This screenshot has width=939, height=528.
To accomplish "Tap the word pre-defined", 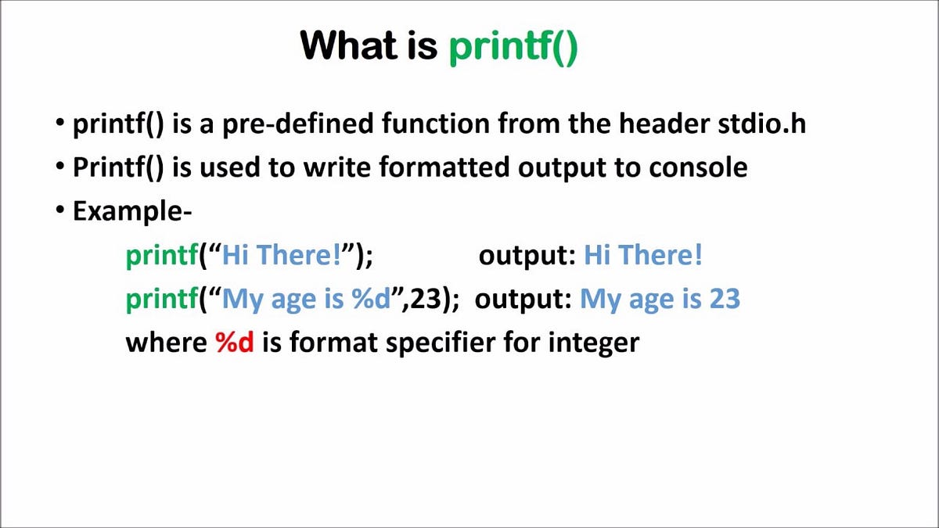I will (297, 125).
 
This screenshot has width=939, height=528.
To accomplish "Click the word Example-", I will (132, 211).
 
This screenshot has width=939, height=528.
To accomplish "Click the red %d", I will (235, 343).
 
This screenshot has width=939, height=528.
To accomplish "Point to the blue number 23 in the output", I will (724, 299).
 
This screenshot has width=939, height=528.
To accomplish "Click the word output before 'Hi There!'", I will (527, 255).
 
